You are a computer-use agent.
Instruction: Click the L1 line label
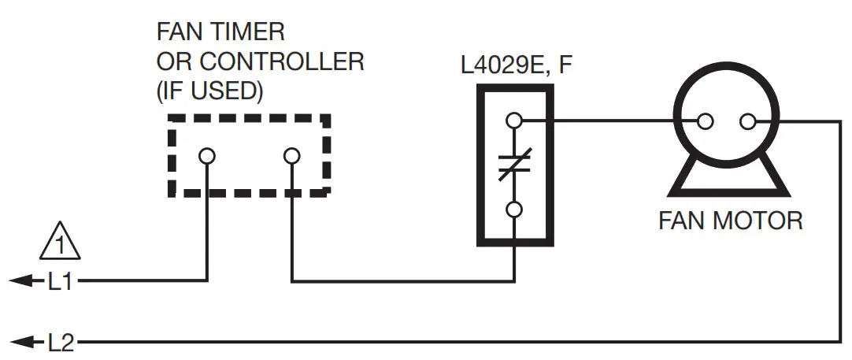[60, 281]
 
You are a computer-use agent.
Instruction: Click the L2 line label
[60, 343]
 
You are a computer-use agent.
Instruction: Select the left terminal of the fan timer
[207, 156]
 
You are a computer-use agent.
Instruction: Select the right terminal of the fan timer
[291, 156]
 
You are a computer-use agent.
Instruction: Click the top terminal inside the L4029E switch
[515, 121]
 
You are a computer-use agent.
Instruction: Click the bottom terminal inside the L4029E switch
[515, 210]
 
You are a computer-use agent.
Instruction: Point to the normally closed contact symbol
[515, 166]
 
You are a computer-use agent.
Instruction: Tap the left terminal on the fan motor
[706, 121]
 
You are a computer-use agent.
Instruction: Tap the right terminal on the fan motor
[748, 121]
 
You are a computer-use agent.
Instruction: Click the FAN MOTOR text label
[730, 220]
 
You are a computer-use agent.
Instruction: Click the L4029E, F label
[516, 64]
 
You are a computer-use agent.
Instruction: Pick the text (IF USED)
[209, 91]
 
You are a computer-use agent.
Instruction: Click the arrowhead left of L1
[28, 281]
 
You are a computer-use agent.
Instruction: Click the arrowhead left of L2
[28, 343]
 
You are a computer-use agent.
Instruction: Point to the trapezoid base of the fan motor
[728, 176]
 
